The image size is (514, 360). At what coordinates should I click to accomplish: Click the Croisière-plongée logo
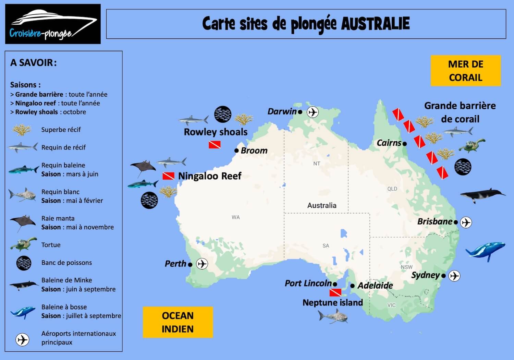[x=53, y=24]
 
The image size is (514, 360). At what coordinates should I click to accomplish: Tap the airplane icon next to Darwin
[x=313, y=112]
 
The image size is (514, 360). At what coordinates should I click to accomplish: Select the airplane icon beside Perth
[x=202, y=264]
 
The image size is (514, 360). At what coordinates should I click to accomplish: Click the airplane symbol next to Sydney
[x=454, y=276]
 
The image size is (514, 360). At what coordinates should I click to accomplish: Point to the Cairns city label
[x=389, y=143]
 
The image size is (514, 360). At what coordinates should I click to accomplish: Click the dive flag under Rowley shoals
[x=215, y=145]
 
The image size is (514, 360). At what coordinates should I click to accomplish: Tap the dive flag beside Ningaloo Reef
[x=168, y=176]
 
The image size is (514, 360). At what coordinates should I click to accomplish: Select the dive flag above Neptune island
[x=335, y=292]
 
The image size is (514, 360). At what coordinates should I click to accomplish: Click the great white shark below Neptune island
[x=333, y=316]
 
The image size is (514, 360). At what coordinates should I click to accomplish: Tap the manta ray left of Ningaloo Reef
[x=143, y=167]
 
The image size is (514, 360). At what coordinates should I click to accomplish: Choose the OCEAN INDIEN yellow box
[x=178, y=322]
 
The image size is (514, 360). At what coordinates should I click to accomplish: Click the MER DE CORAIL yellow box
[x=466, y=71]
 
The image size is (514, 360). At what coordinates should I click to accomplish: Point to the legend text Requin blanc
[x=60, y=192]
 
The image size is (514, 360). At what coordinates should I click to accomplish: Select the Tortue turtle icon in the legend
[x=23, y=244]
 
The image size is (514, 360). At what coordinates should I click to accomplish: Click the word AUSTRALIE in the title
[x=375, y=24]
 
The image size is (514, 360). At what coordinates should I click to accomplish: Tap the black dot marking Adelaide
[x=352, y=286]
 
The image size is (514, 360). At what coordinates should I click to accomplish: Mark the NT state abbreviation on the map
[x=317, y=164]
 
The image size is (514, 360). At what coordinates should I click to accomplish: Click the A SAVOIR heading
[x=33, y=63]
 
